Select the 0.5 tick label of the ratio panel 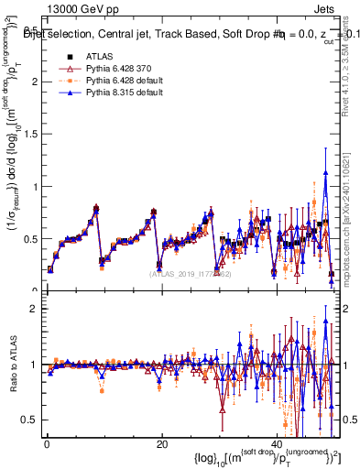tap(29, 420)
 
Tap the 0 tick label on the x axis tap(47, 444)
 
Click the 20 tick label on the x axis tap(161, 444)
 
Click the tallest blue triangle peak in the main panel tap(325, 172)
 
